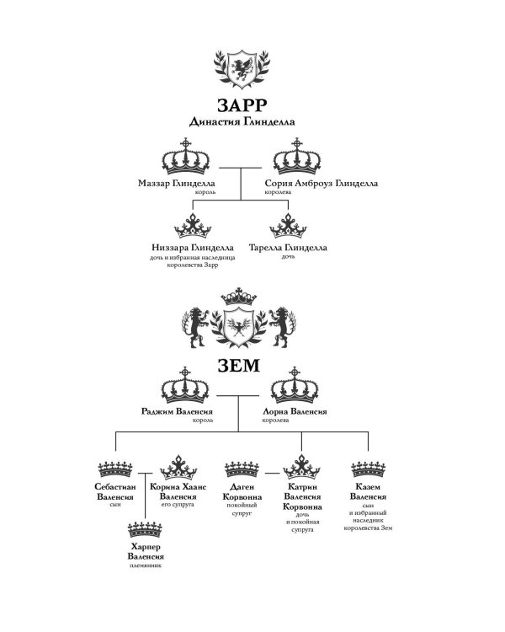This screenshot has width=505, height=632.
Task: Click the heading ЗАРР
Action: [242, 105]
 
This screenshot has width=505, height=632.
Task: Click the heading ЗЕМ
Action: [239, 366]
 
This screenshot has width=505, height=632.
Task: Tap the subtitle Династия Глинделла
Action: [242, 121]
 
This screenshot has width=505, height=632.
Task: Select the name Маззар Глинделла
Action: [177, 184]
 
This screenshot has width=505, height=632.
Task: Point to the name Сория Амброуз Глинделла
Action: [322, 184]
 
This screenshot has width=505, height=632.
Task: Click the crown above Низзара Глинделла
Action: [193, 226]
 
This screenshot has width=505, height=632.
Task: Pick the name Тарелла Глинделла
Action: [288, 248]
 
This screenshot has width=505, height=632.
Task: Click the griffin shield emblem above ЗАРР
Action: [242, 69]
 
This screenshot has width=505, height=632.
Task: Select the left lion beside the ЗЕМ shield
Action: [196, 327]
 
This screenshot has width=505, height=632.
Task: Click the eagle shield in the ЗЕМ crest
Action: [239, 326]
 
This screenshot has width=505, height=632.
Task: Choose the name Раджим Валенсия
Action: [177, 411]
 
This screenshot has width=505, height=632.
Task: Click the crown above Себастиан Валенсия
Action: [115, 469]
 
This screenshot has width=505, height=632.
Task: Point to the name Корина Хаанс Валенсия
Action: [178, 492]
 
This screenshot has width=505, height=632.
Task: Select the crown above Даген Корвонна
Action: [242, 469]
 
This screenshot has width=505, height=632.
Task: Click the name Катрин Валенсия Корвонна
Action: [302, 496]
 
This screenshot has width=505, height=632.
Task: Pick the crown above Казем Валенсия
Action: [368, 469]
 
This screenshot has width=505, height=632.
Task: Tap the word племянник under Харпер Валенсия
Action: [146, 565]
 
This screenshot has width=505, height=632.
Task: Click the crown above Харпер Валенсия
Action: [145, 529]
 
